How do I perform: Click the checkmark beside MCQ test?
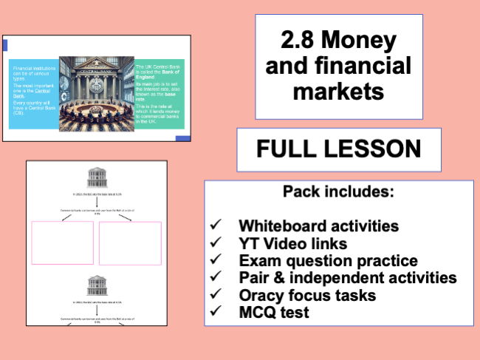click(216, 313)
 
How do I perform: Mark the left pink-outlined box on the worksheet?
click(64, 242)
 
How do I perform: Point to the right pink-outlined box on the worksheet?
click(130, 242)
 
